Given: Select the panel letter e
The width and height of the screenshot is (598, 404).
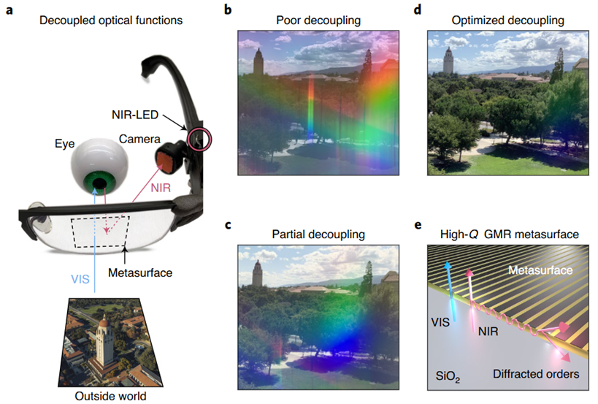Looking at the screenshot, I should [x=417, y=224].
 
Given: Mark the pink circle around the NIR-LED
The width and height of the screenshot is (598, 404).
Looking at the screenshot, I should [x=196, y=138].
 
